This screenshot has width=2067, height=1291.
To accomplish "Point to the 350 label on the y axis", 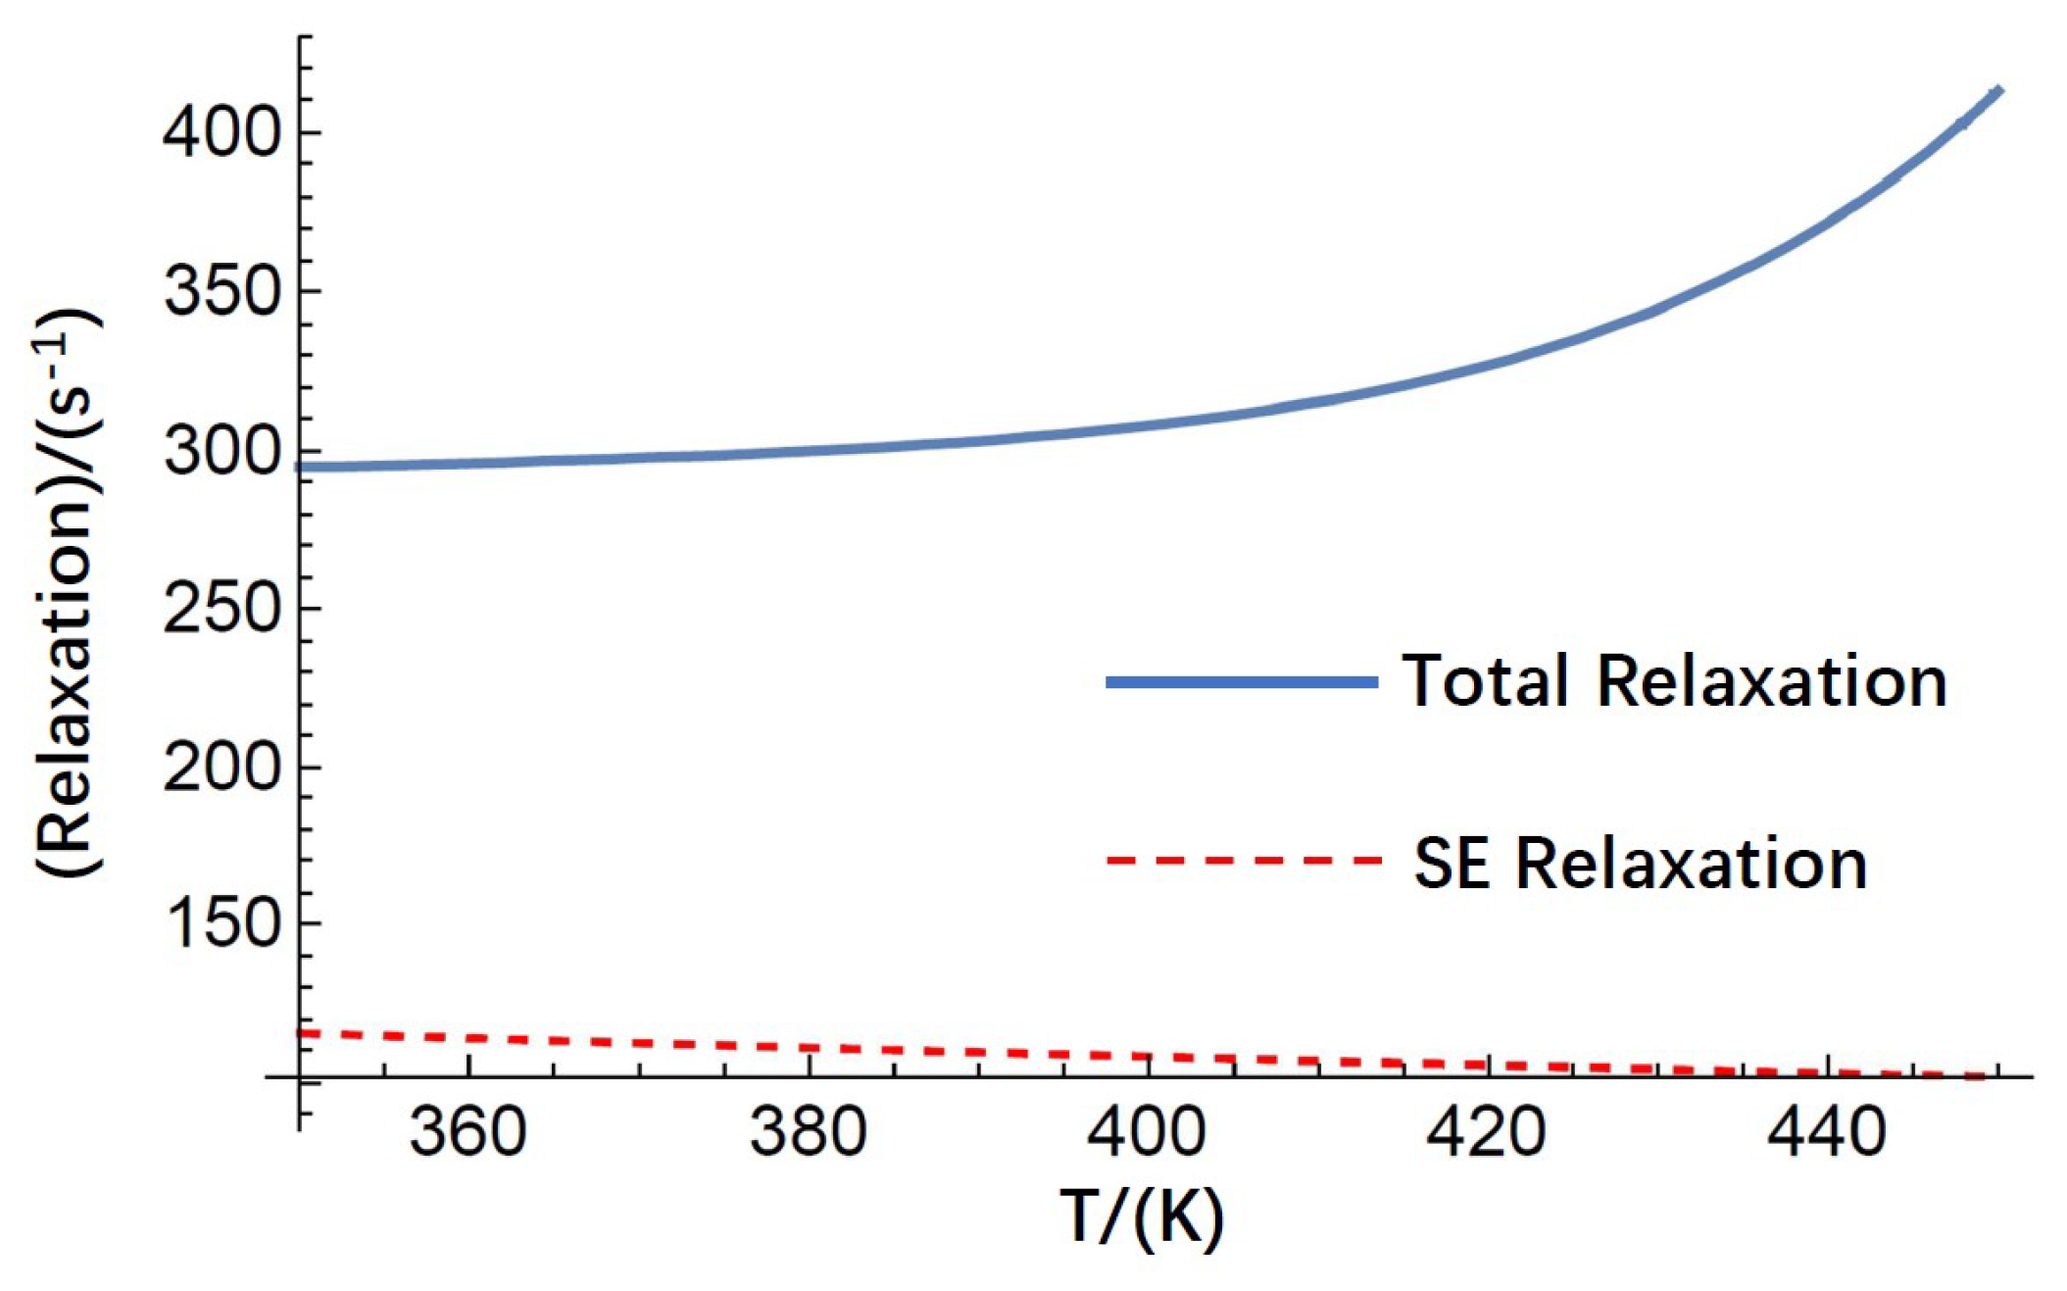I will point(222,291).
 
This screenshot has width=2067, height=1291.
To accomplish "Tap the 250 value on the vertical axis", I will point(222,609).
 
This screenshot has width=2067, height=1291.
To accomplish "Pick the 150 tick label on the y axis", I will point(222,923).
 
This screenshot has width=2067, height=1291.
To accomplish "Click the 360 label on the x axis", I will point(468,1131).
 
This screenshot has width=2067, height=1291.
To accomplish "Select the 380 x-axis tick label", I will point(809,1131).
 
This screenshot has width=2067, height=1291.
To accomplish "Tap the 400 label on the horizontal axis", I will point(1147,1131).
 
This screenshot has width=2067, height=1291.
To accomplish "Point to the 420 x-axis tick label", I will point(1486,1131).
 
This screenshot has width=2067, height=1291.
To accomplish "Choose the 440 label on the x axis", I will point(1826,1131).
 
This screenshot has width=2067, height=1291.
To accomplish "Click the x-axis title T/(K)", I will point(1142,1217).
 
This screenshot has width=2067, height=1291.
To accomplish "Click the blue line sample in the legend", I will point(1242,681).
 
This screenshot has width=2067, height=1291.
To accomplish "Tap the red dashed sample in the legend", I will point(1242,861).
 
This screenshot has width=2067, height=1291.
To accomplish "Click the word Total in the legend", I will point(1486,680).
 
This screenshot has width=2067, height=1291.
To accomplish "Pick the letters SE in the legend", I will point(1452,863).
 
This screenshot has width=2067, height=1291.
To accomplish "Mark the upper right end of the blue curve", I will point(1998,91).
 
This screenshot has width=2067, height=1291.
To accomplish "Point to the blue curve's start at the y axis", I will point(302,467).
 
